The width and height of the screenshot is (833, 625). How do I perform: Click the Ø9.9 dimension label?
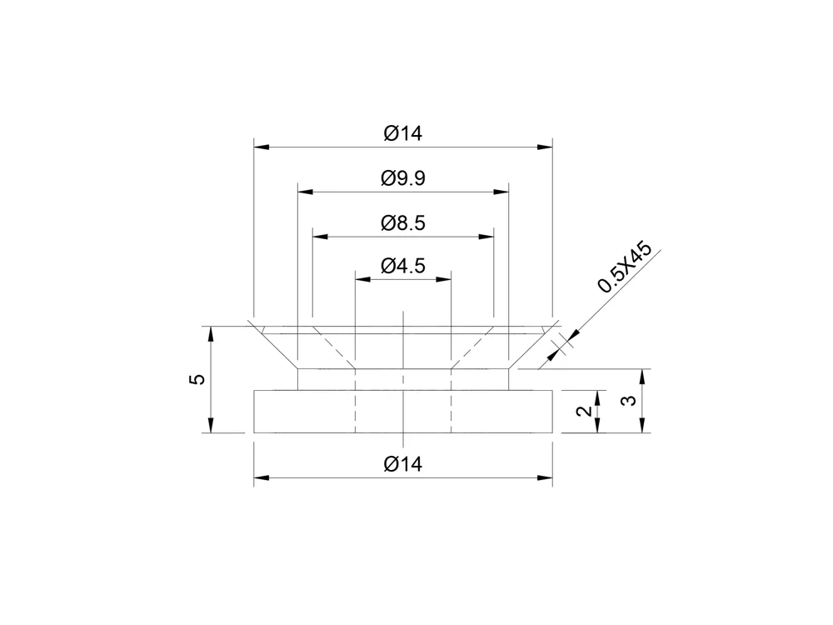[403, 177]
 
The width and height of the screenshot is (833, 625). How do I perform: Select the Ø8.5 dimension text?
[403, 222]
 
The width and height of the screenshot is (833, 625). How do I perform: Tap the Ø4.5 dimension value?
[403, 267]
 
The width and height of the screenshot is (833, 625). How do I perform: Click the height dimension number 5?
[197, 379]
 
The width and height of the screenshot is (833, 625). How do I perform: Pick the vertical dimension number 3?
[631, 400]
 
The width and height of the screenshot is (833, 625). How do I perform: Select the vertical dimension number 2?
[586, 411]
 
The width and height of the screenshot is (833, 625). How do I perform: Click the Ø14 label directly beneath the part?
[403, 464]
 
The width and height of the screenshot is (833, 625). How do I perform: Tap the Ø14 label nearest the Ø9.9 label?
[403, 133]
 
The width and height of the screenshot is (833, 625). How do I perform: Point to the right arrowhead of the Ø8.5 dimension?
[487, 237]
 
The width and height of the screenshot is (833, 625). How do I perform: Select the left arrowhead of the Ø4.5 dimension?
[362, 280]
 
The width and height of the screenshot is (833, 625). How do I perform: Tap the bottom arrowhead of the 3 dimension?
[642, 426]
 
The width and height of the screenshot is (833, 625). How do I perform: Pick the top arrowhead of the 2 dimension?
[597, 397]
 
